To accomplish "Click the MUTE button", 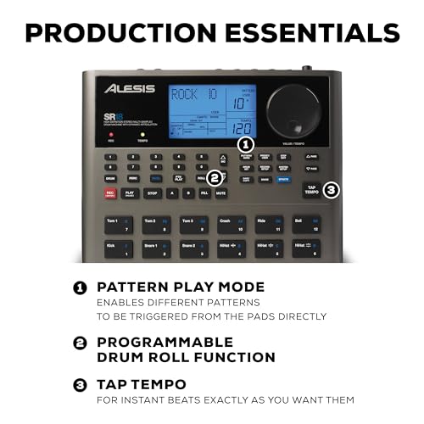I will click(x=220, y=192).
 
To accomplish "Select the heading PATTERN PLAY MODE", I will click(x=181, y=287).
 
